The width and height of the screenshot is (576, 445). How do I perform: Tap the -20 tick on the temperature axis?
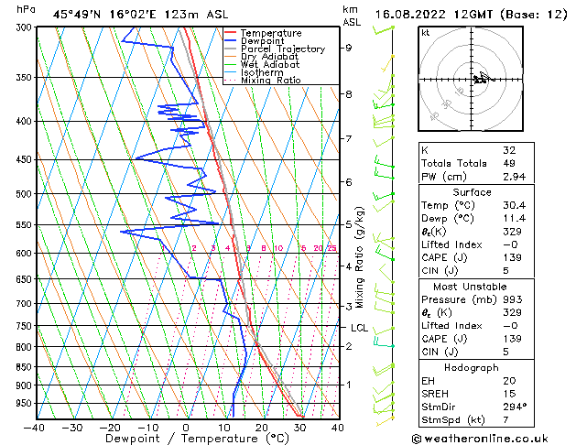[110, 427]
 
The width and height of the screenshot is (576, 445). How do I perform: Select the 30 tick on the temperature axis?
[299, 427]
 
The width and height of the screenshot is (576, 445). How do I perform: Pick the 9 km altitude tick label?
[348, 48]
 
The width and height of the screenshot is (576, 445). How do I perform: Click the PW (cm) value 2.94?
[513, 177]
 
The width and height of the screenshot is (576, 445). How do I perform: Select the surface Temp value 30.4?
[513, 206]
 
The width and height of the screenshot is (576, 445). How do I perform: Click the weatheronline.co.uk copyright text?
[494, 438]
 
